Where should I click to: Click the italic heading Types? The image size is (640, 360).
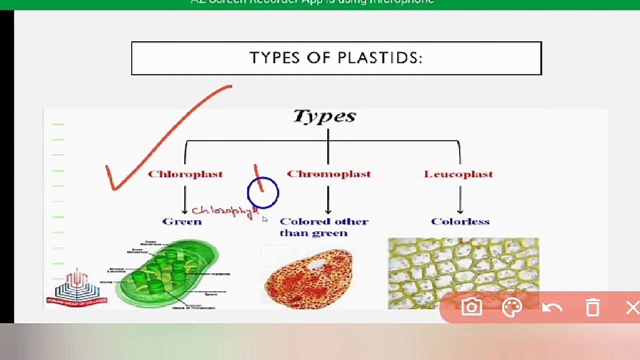(x=324, y=116)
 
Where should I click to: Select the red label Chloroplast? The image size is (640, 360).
(x=185, y=174)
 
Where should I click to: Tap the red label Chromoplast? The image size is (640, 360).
(x=328, y=174)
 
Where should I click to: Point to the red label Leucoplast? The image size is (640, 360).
(x=458, y=174)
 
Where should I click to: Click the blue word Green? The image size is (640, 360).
(x=181, y=221)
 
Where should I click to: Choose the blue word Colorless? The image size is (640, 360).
(x=460, y=221)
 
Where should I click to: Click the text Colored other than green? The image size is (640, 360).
(x=323, y=227)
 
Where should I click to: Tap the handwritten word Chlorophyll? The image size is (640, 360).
(x=223, y=211)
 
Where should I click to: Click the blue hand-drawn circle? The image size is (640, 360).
(x=263, y=192)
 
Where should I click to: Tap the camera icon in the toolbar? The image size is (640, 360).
(x=471, y=307)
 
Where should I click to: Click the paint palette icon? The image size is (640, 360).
(x=511, y=307)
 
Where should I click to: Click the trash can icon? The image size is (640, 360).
(x=592, y=307)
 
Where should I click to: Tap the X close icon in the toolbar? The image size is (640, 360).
(x=632, y=307)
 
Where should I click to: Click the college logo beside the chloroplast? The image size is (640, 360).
(x=76, y=287)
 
